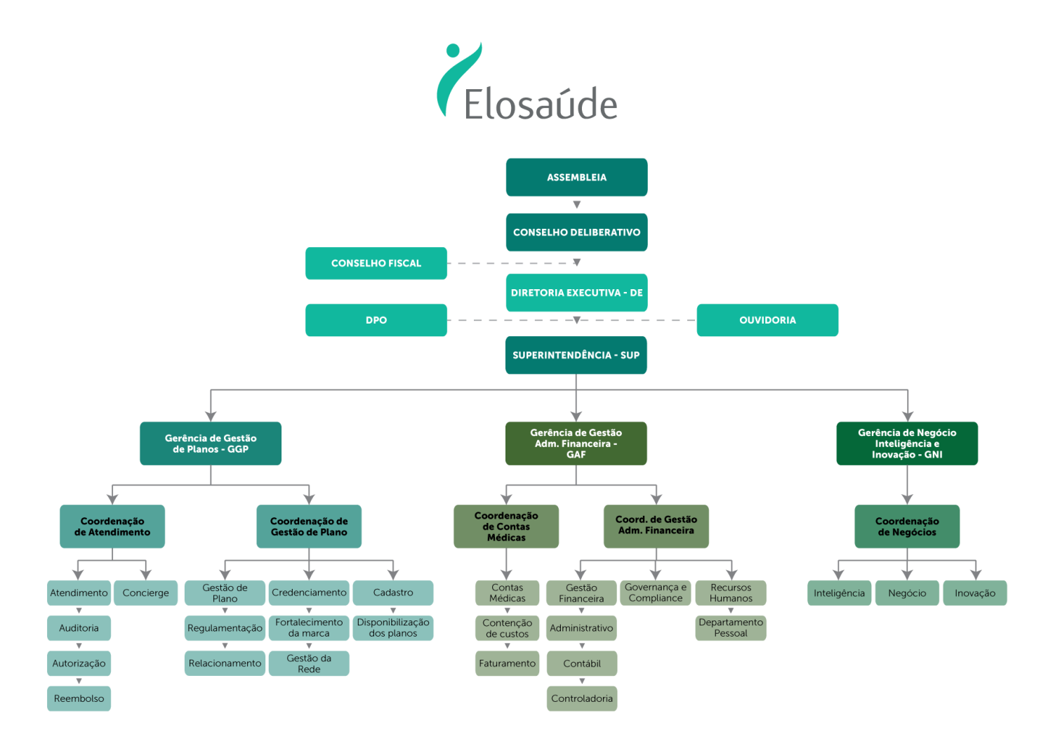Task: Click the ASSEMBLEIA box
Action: click(576, 177)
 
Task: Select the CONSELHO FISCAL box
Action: click(376, 263)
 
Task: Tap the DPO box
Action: click(376, 320)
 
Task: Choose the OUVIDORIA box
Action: click(767, 320)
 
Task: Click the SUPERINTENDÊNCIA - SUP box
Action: click(576, 355)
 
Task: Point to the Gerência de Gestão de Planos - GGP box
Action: click(211, 443)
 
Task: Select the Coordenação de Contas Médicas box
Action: click(506, 526)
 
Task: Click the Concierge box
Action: click(146, 592)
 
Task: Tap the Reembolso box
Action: click(79, 698)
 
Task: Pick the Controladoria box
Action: click(582, 698)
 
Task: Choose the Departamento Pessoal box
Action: click(731, 628)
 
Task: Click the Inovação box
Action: click(975, 592)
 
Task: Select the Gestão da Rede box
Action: click(309, 663)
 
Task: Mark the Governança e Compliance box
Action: click(655, 592)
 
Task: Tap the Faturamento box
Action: click(508, 663)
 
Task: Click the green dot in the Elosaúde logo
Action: click(453, 51)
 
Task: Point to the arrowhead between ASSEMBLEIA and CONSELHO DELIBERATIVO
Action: click(577, 204)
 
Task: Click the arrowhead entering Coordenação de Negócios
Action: click(907, 499)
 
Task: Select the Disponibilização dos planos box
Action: click(393, 628)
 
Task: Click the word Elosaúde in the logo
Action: click(541, 103)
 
